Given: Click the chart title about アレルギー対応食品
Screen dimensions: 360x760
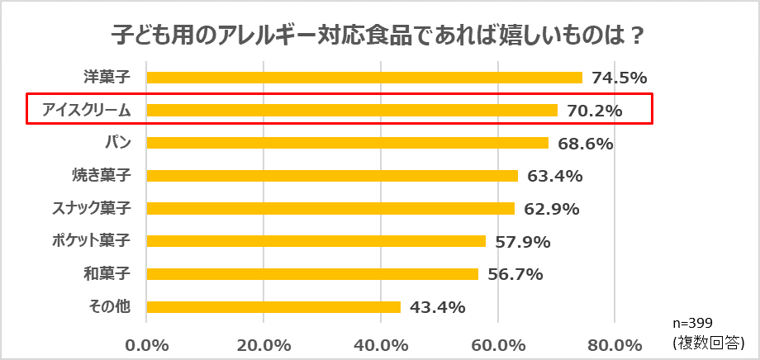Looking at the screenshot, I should [x=378, y=37].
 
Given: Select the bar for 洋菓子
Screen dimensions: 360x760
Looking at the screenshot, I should [x=363, y=78].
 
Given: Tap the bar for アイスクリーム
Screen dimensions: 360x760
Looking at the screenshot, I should [x=351, y=110].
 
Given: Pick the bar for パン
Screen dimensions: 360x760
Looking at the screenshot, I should [x=347, y=143].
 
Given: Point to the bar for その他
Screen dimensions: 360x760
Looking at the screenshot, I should [x=273, y=307].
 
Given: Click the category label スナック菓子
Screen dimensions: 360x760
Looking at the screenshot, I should [x=97, y=208].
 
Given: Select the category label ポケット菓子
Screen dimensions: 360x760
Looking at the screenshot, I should [x=97, y=241].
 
